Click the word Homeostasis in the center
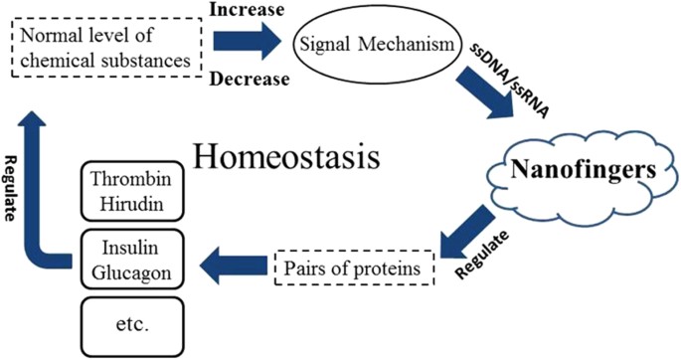pos(293,158)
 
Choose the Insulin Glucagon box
pos(131,259)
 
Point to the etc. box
pos(131,322)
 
